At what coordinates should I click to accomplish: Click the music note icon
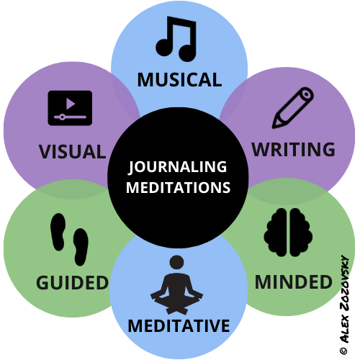tap(176, 39)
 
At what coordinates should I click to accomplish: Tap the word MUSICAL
tap(179, 80)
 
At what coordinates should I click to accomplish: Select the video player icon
tap(70, 108)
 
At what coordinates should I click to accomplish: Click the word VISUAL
tap(72, 152)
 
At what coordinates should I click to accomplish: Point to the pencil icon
tap(293, 108)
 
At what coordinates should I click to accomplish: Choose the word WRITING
tap(293, 149)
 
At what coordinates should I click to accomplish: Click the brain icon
tap(288, 233)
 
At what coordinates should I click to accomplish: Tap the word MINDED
tap(294, 282)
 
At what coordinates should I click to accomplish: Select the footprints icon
tap(70, 240)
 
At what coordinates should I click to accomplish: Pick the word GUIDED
tap(72, 282)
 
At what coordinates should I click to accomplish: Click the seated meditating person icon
tap(176, 285)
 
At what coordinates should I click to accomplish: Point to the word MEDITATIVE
tap(179, 325)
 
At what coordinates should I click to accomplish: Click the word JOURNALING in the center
tap(178, 166)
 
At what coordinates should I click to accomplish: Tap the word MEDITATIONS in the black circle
tap(178, 187)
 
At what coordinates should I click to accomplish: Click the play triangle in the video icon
tap(71, 104)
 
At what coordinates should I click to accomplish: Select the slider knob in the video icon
tap(62, 117)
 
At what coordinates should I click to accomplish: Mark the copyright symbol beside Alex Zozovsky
tap(343, 351)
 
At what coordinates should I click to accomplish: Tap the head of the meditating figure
tap(176, 262)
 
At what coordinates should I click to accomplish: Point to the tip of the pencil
tap(273, 127)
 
